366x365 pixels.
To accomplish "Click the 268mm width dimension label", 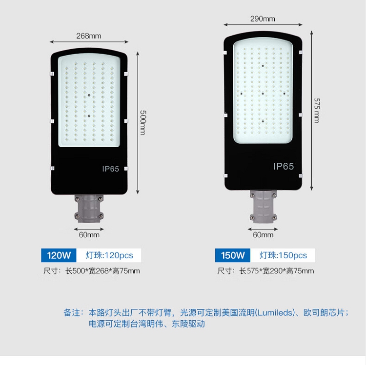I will coord(88,36).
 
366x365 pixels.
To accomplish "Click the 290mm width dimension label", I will coord(263,19).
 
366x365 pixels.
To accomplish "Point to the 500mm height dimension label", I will coord(143,122).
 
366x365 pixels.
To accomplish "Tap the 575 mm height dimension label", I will coord(316,110).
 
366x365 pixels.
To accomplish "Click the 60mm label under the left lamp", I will coord(89,235).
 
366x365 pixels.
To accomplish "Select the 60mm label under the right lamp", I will coord(263,235).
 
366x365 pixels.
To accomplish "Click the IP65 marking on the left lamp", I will coord(111,169).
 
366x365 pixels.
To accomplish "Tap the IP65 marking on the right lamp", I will coord(284,166).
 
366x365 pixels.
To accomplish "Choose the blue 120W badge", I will coord(59,255).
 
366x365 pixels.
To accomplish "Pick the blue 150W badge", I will coord(233,255).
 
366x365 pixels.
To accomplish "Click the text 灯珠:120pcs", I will coord(109,255).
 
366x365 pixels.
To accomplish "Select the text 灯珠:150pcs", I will coord(283,255).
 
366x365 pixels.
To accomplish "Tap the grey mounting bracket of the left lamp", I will coord(89,209).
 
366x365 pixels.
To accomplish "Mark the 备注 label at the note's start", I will coord(72,312).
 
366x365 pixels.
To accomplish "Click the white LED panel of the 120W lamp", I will coord(89,100).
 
